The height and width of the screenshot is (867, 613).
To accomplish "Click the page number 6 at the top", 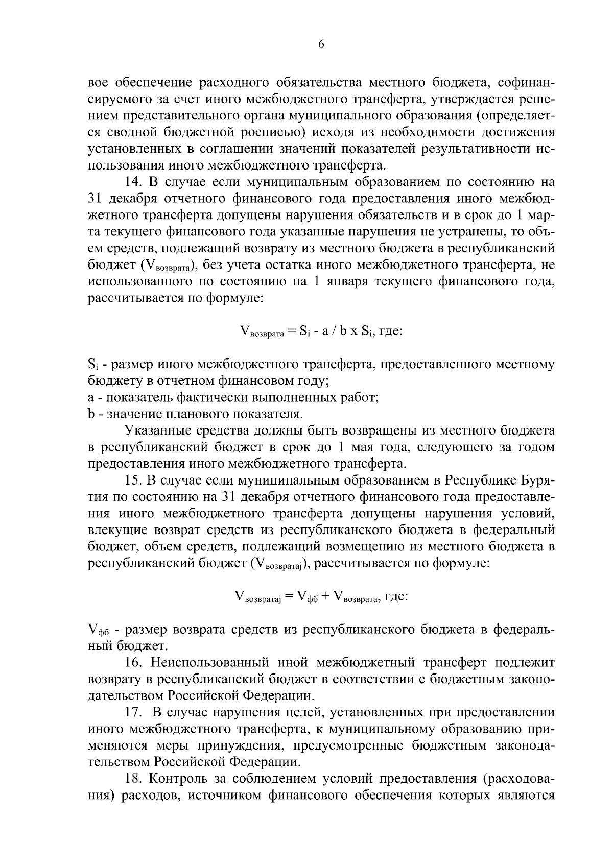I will (x=321, y=45).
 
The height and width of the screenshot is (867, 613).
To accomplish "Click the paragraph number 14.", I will (x=135, y=182).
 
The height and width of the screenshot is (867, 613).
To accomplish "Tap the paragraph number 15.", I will (x=135, y=481).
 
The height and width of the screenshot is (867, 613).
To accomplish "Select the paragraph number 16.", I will (x=135, y=663).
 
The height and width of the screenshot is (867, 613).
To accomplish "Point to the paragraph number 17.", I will (x=135, y=712).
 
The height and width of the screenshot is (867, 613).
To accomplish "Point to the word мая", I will (x=366, y=448).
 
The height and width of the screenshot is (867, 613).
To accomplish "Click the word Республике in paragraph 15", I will (x=481, y=481).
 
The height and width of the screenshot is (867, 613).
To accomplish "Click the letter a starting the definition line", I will (x=91, y=398).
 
